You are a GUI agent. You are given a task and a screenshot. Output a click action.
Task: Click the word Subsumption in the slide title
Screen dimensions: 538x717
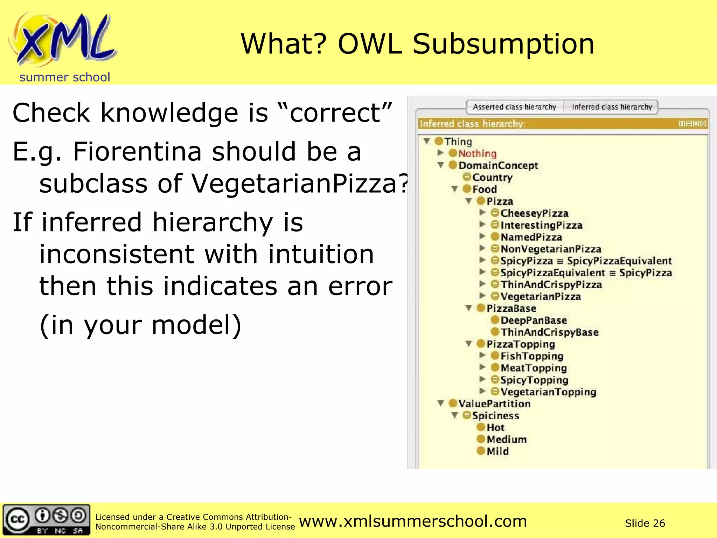click(503, 44)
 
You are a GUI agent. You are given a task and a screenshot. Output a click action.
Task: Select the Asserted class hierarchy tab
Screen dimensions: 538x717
click(514, 107)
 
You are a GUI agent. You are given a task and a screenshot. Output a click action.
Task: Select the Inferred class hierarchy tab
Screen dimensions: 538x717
click(612, 107)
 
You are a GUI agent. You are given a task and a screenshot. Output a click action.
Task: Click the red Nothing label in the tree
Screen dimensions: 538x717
click(477, 153)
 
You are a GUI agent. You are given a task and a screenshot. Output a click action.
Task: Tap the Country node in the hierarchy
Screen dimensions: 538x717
click(492, 177)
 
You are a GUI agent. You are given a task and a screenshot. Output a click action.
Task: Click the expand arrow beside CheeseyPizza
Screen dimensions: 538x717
click(482, 213)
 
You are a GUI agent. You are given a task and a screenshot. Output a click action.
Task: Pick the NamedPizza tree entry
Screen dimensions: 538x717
click(531, 237)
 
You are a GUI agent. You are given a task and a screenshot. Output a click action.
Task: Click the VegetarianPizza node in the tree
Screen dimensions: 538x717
click(541, 297)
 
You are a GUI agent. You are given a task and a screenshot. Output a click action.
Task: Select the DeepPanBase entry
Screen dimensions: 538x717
click(534, 320)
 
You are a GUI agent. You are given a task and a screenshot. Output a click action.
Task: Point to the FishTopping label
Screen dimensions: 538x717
click(532, 356)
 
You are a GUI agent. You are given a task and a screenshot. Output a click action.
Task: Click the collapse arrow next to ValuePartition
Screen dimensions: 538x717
click(441, 403)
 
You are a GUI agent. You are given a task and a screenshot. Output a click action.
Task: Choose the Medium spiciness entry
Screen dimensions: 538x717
click(506, 439)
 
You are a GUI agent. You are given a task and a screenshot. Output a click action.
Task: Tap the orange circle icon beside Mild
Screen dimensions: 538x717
click(481, 451)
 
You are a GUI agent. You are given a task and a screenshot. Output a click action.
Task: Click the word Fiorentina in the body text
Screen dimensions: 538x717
click(137, 152)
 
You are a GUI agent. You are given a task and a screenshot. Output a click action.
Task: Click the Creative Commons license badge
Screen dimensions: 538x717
click(46, 520)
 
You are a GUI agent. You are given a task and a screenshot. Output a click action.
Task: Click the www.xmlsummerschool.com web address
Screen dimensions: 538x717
click(413, 521)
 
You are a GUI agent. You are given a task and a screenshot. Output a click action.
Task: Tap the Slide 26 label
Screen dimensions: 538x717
click(645, 523)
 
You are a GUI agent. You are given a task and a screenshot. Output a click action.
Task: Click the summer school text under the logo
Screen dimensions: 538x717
click(65, 77)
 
